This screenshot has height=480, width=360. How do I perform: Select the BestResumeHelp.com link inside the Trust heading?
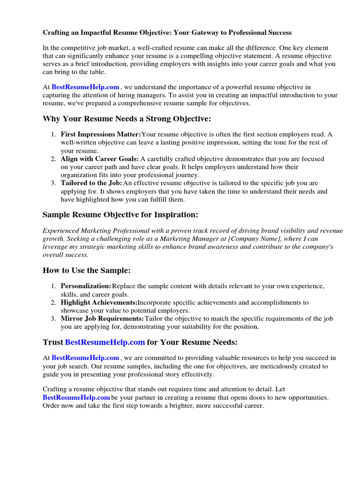(x=105, y=342)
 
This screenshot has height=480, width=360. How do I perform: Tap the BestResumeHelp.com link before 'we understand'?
(x=85, y=87)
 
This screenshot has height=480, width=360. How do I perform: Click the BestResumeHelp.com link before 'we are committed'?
(x=85, y=358)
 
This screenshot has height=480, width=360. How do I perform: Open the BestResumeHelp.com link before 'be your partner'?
(x=76, y=397)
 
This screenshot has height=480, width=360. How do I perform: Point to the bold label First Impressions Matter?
(x=101, y=134)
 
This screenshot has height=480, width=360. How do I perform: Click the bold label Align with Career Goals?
(x=99, y=159)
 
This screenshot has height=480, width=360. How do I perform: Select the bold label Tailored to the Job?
(x=91, y=183)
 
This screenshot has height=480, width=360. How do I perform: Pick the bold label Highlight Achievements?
(x=99, y=302)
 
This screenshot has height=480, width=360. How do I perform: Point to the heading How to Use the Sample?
(x=87, y=270)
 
